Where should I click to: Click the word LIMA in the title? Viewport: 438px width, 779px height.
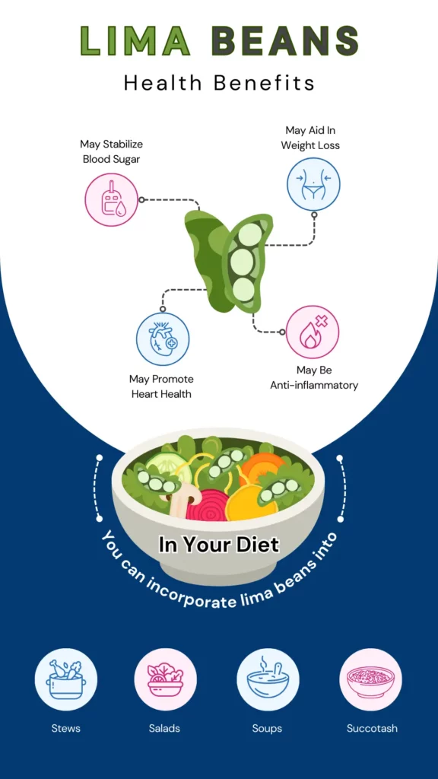tap(135, 40)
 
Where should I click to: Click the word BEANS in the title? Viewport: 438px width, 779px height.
tap(284, 40)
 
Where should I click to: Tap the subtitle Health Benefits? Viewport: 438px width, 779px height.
tap(219, 83)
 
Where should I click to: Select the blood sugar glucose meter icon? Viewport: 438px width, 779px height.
tap(111, 200)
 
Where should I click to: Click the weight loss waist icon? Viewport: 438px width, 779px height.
tap(313, 184)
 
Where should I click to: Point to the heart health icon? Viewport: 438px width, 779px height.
tap(163, 338)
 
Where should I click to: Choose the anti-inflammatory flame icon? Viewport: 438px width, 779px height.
tap(313, 332)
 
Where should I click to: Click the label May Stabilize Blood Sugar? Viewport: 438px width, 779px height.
tap(111, 151)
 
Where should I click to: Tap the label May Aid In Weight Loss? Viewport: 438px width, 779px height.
tap(310, 138)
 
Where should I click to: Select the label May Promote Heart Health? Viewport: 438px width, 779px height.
tap(161, 386)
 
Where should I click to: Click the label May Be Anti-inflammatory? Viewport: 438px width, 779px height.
tap(314, 377)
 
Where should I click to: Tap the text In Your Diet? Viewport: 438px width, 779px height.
tap(219, 545)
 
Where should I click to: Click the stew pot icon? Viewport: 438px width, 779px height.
tap(66, 679)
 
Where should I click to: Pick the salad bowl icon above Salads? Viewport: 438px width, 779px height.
tap(165, 679)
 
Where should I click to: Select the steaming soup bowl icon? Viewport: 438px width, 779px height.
tap(268, 679)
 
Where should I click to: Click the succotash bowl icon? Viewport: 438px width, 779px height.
tap(370, 679)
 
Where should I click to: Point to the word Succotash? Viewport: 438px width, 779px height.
tap(372, 728)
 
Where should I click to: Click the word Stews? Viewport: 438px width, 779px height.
tap(65, 728)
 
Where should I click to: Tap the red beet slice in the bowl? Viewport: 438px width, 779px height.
tap(208, 505)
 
